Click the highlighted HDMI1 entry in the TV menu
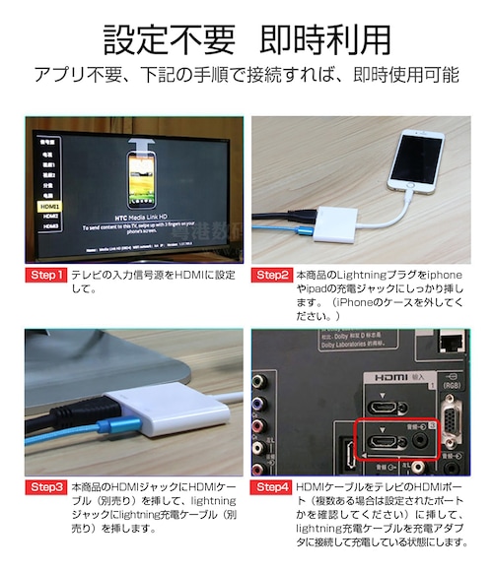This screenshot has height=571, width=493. click(x=46, y=207)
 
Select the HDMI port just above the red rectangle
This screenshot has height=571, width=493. click(x=381, y=406)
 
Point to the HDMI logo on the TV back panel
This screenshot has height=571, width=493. click(x=386, y=376)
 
